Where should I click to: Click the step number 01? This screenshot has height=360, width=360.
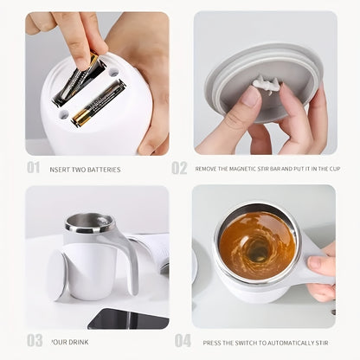33,167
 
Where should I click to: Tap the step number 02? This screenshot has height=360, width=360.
179,168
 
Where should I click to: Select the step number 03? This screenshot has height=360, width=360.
34,340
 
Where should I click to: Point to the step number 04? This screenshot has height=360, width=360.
183,340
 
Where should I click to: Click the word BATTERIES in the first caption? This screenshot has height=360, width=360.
103,170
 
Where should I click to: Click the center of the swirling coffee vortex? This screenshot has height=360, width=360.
258,252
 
